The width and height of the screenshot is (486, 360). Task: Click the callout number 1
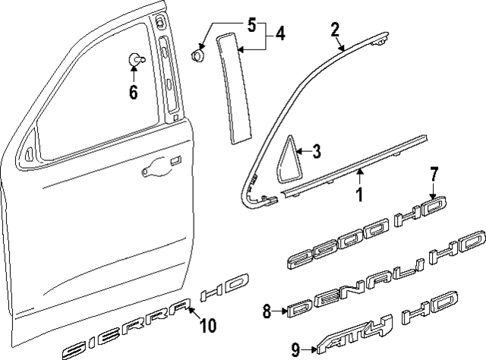click(359, 195)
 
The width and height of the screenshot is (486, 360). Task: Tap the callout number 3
click(317, 151)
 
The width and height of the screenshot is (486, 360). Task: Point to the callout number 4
click(280, 34)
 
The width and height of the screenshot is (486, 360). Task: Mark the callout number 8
click(266, 310)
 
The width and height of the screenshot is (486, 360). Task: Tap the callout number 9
click(295, 349)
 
